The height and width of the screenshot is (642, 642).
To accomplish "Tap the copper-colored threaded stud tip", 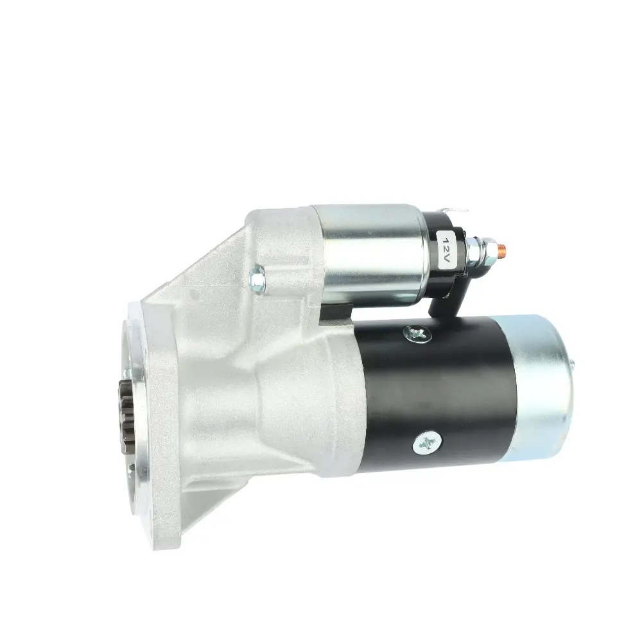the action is click(x=503, y=248).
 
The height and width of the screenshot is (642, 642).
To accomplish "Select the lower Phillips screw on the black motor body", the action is click(x=428, y=442).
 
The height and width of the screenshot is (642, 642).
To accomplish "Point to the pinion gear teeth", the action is click(x=125, y=411).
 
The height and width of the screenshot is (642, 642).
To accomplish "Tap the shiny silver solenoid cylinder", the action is click(x=368, y=255).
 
